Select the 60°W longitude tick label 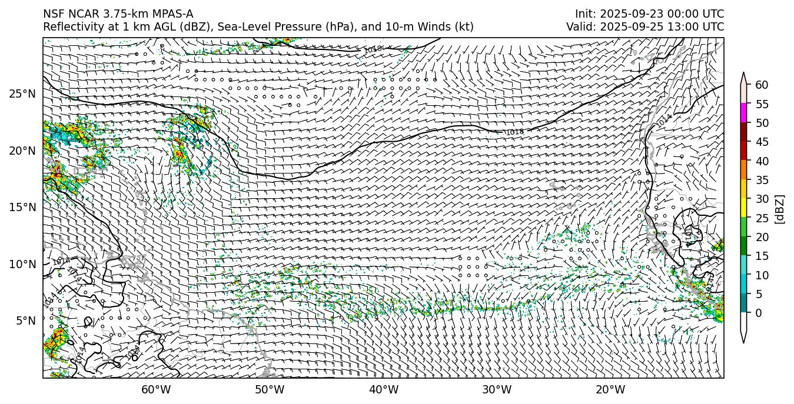pos(156,389)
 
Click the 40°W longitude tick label pos(384,389)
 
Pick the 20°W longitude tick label pos(610,389)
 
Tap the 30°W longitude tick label pos(497,389)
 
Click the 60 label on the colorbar pos(762,85)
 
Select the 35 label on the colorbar pos(762,180)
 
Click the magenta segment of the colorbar pos(743,113)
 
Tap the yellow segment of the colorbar pos(743,208)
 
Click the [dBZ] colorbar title pos(780,209)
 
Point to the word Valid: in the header pos(583,27)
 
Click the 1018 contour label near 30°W pos(514,132)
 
